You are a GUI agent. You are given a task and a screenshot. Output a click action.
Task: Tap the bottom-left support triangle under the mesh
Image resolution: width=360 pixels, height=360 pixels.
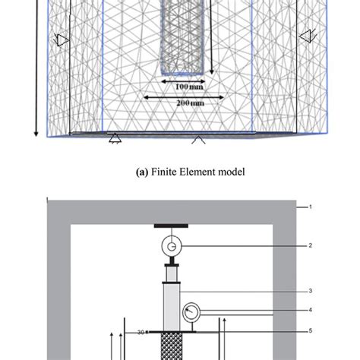pos(114,138)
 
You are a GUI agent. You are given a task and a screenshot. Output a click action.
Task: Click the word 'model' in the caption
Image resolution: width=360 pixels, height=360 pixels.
pos(232,172)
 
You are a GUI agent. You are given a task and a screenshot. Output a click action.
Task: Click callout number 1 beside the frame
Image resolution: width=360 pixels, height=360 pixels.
pos(310,207)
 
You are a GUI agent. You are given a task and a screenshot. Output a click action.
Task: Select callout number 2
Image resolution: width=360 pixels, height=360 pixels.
pos(310,245)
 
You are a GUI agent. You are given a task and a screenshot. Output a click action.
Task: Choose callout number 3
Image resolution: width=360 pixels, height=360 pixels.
pos(310,290)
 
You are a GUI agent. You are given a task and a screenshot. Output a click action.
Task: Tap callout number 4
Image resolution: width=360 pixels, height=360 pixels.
pos(310,309)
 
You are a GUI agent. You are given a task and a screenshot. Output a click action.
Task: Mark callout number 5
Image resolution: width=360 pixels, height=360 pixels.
pos(310,330)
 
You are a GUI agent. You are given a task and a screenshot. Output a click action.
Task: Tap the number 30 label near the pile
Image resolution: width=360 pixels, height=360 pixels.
pos(141,332)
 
